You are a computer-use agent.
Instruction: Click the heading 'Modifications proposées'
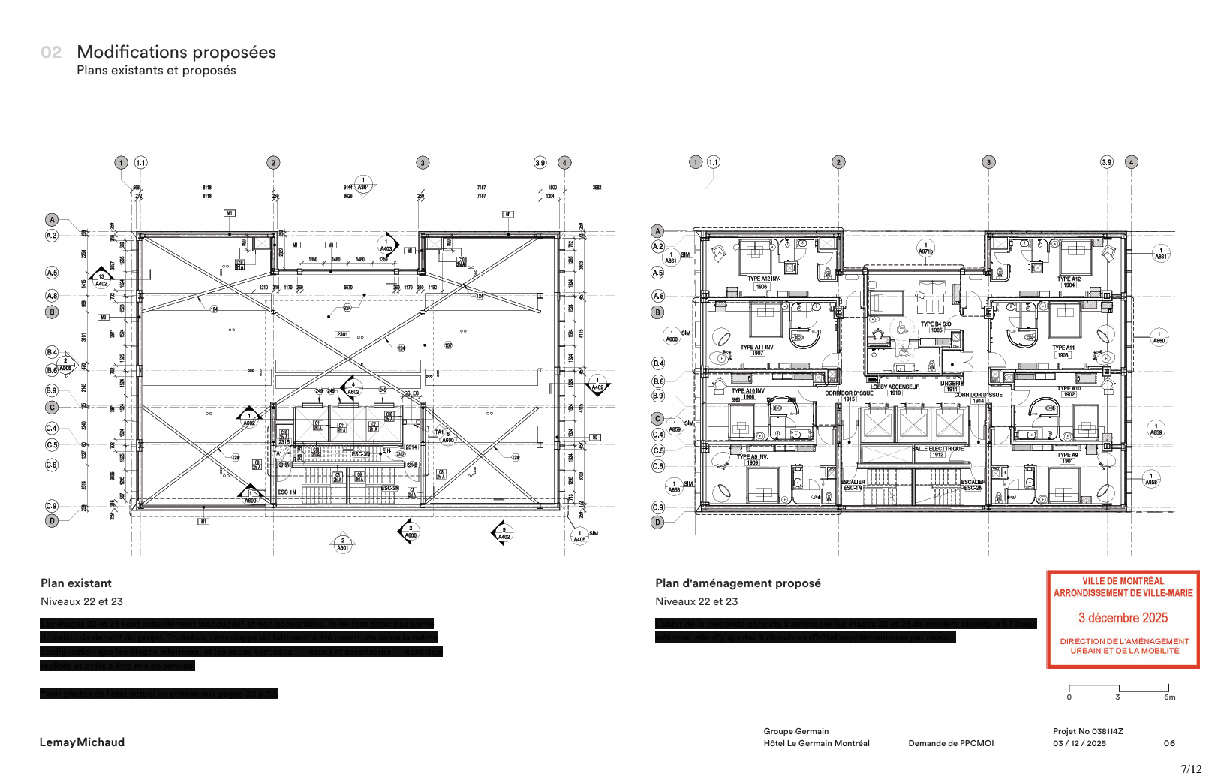[176, 52]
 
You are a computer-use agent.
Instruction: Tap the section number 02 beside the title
[51, 53]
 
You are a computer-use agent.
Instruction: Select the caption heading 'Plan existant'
[76, 583]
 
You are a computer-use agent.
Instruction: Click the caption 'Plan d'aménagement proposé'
[738, 583]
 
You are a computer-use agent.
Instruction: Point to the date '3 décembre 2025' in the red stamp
[1123, 618]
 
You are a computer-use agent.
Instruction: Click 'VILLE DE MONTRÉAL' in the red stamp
[1123, 581]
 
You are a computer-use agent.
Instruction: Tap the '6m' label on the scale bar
[1169, 697]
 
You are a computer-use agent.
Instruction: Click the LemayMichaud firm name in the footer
[82, 742]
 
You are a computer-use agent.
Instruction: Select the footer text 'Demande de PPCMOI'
[951, 744]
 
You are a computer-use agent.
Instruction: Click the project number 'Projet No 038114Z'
[1087, 731]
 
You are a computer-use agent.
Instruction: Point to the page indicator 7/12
[1191, 769]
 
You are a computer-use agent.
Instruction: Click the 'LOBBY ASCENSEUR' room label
[895, 387]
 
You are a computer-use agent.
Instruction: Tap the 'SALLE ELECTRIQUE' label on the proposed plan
[937, 449]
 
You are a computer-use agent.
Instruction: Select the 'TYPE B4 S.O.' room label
[936, 324]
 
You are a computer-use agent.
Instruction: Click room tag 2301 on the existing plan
[342, 334]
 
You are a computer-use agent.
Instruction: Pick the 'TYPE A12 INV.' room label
[763, 279]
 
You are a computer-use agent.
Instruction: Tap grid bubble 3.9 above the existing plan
[540, 163]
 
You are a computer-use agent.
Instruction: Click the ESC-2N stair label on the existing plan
[389, 488]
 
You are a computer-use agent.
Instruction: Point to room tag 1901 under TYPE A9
[1067, 461]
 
